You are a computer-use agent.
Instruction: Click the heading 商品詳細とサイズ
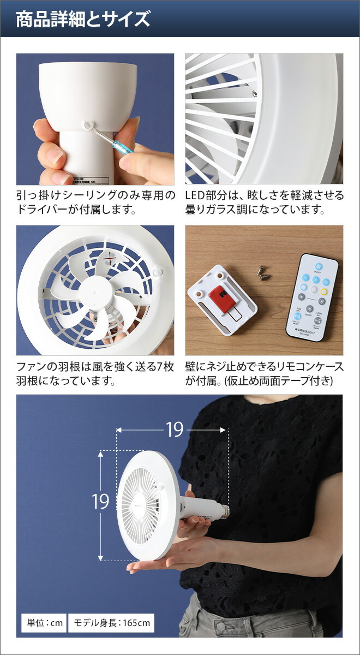coord(82,20)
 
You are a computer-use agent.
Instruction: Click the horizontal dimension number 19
coord(175,430)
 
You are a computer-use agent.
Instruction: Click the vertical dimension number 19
coord(101,501)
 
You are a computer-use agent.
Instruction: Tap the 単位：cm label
coord(42,623)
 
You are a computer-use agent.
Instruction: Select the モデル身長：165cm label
coord(111,623)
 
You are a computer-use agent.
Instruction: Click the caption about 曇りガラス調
coord(265,203)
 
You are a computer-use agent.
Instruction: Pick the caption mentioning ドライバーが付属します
coord(95,203)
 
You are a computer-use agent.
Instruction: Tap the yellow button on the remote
coord(323,291)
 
